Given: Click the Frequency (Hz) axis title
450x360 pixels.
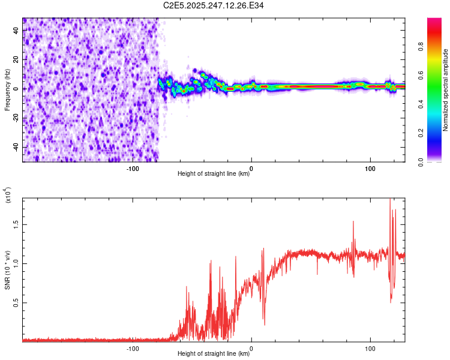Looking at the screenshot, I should coord(7,89).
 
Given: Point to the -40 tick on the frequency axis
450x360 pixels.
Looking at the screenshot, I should coord(17,147).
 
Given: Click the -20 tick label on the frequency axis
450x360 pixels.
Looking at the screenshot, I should coord(17,118).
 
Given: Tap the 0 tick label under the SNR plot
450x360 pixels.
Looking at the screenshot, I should coord(251,347).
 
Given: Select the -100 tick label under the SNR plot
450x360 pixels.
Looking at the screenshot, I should coord(133,347).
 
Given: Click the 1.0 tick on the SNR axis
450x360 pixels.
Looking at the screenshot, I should coord(17,263).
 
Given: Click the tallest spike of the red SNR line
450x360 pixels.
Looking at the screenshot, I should coord(391,199).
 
